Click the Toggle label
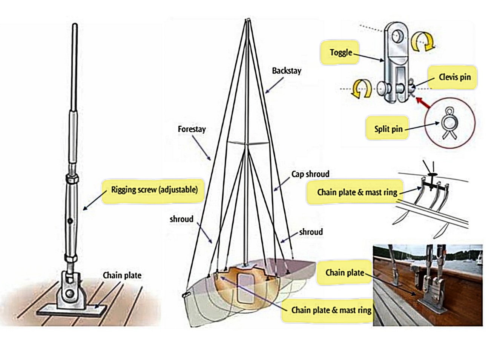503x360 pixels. tap(340, 53)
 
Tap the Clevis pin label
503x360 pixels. tap(454, 77)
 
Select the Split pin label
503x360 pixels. tap(388, 129)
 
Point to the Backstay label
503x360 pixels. tap(287, 71)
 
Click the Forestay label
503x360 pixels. tap(192, 129)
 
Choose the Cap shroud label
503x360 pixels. tap(310, 174)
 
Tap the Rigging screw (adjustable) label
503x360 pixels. tap(154, 189)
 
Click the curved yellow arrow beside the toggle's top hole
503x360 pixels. tap(423, 40)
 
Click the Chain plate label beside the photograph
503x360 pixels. tap(345, 272)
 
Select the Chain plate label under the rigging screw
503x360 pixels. tap(122, 275)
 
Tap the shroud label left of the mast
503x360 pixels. tap(181, 219)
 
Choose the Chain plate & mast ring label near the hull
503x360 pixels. tap(331, 310)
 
